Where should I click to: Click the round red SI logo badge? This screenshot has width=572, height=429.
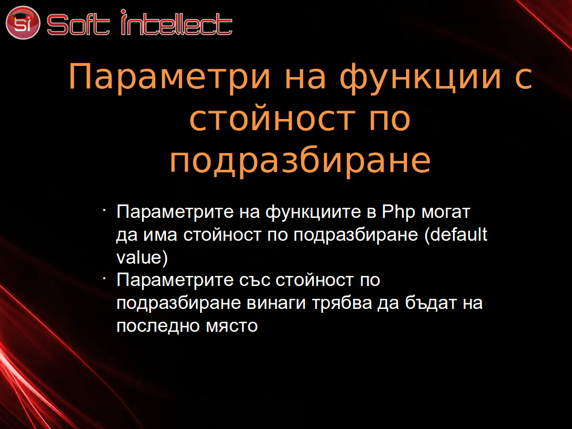[x=22, y=22]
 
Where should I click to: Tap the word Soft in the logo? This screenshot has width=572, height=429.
[x=78, y=25]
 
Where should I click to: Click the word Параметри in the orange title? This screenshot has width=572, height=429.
[x=170, y=77]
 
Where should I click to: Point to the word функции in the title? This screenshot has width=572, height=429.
[x=420, y=77]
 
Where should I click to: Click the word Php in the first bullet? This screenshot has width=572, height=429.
[x=398, y=212]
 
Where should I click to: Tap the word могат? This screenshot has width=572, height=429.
[x=446, y=212]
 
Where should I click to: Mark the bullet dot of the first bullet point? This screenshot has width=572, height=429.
[x=104, y=210]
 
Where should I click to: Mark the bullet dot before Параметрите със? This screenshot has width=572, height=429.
[x=104, y=278]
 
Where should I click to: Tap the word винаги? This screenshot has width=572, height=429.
[x=276, y=303]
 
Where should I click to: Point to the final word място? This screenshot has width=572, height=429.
[x=232, y=326]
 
